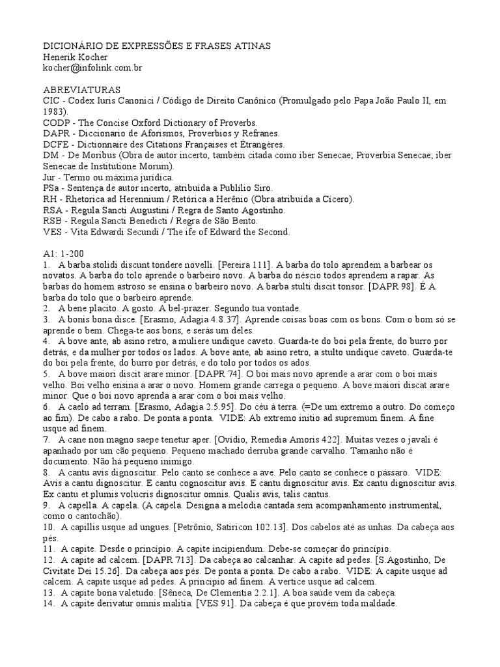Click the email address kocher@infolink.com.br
92,68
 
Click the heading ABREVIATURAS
81,90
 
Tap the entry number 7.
46,439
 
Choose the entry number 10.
49,526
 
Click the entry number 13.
49,592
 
